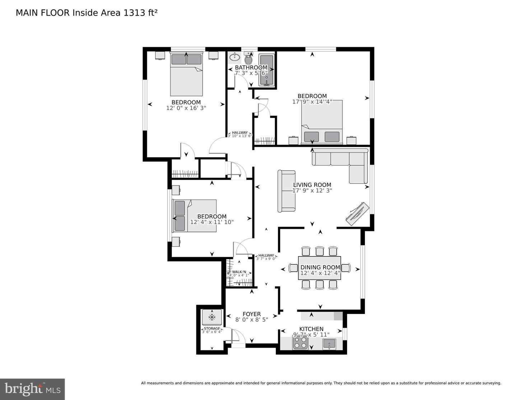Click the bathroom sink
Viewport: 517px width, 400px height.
(234, 57)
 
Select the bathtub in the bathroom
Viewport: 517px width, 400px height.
(266, 70)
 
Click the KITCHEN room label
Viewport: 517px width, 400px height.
(311, 329)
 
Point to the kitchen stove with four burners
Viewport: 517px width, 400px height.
(300, 344)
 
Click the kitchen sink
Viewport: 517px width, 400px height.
(329, 344)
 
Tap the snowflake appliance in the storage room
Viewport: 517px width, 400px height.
(212, 317)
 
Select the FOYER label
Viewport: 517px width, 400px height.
(251, 314)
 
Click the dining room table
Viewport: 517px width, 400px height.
(320, 268)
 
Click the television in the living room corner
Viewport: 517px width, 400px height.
(357, 214)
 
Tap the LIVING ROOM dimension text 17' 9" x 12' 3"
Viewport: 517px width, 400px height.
(312, 191)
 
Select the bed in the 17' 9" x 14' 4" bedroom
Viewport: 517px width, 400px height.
(322, 122)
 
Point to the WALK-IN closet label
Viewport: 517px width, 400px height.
(239, 272)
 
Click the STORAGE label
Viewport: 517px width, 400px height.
(212, 328)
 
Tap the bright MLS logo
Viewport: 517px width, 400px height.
(32, 389)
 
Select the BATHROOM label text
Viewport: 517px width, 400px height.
(251, 68)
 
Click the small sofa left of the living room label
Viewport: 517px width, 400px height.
(287, 191)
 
